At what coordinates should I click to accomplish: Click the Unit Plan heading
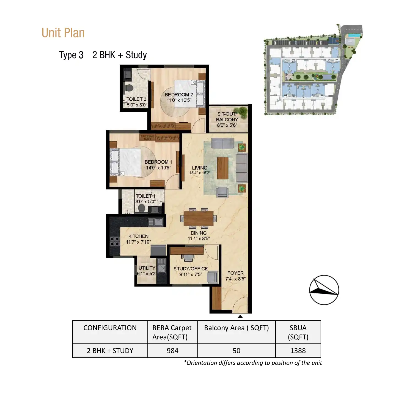tap(63, 33)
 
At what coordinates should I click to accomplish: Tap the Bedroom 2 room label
tap(179, 95)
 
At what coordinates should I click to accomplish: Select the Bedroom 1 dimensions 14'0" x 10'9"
tap(158, 168)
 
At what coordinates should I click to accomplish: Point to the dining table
tap(198, 218)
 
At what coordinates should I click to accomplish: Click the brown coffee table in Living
tap(222, 168)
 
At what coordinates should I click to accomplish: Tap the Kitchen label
tap(138, 236)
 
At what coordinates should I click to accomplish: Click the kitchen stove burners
tap(115, 241)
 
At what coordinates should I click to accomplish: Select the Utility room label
tap(147, 268)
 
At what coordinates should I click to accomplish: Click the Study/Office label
tap(191, 269)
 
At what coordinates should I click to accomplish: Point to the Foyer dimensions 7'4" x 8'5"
tap(235, 279)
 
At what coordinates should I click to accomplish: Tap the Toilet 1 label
tap(145, 196)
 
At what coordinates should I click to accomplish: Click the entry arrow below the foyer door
tap(240, 317)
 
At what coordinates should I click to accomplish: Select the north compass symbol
tap(324, 290)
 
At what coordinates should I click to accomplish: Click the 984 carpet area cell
tap(172, 351)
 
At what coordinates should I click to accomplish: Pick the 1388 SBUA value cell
tap(298, 351)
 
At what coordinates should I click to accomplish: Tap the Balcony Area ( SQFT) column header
tap(237, 328)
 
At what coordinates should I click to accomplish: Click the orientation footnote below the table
tap(252, 363)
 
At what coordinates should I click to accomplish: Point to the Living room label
tap(200, 168)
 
